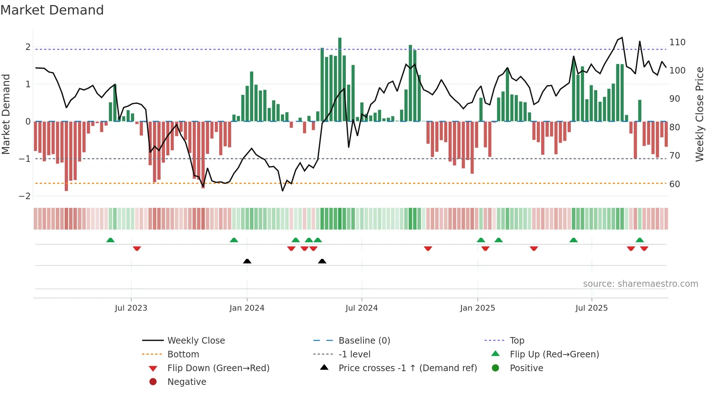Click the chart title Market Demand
pos(52,10)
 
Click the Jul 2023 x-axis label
pos(131,308)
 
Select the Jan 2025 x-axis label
pos(477,308)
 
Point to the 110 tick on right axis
pos(677,42)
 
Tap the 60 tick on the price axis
pos(675,184)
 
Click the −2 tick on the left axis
pos(25,196)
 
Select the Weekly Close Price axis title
pos(700,114)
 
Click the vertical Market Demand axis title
pos(6,114)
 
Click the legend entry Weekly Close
pos(196,341)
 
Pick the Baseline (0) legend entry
pos(364,341)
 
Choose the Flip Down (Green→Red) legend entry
pos(218,368)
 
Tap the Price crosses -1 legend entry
pos(407,368)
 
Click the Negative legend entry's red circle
pos(153,382)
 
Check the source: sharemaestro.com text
pos(640,284)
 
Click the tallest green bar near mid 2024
pos(340,80)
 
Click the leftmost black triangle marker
pos(247,261)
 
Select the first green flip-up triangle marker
pos(110,240)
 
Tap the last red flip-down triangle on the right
pos(644,248)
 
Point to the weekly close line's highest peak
pos(622,38)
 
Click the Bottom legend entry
pos(183,354)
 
